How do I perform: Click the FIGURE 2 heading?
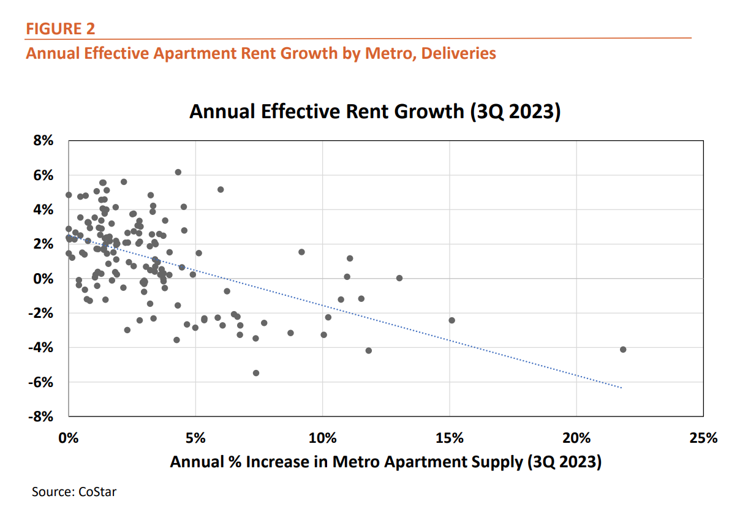click(60, 29)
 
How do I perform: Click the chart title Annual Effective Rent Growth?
click(375, 112)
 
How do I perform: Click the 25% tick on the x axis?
click(703, 438)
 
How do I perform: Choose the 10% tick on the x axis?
click(322, 438)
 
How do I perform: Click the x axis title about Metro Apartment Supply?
click(385, 462)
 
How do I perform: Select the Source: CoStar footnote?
click(74, 491)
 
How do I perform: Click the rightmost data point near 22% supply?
click(623, 349)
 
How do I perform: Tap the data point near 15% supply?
click(451, 320)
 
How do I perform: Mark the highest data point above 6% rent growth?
click(178, 172)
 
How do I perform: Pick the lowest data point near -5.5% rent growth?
click(256, 373)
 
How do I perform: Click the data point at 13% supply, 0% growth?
click(399, 278)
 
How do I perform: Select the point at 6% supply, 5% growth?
click(221, 189)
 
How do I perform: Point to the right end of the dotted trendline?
click(621, 388)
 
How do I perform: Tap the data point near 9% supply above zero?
click(301, 252)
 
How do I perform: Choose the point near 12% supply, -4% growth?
click(368, 350)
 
